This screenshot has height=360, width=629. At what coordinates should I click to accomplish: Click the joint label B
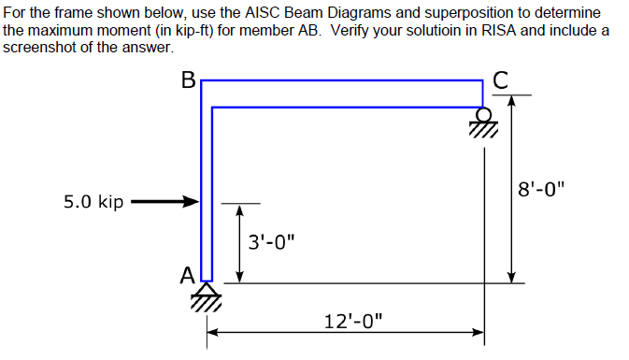click(189, 81)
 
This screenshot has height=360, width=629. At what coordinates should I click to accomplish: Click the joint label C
click(501, 81)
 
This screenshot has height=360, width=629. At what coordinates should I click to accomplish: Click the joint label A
click(188, 275)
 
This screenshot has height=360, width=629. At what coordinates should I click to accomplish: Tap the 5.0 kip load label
click(93, 201)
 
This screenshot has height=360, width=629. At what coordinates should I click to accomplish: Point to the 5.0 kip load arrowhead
click(194, 201)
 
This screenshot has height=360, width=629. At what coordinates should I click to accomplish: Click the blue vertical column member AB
click(207, 187)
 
